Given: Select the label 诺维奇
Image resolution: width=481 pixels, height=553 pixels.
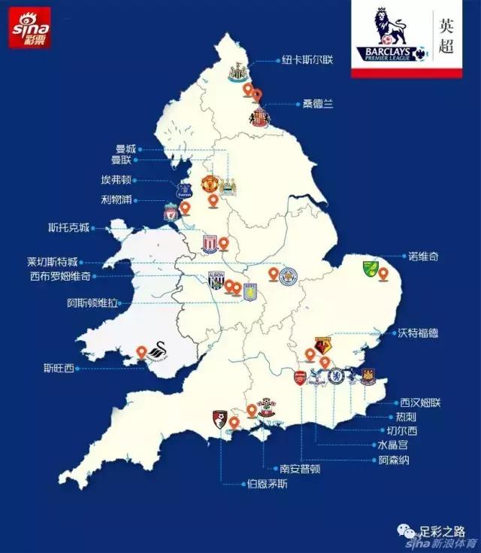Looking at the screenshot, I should (x=422, y=257).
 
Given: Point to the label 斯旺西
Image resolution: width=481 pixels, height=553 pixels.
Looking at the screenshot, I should (x=59, y=368).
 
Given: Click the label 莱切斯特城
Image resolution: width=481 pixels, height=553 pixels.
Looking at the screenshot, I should (x=52, y=263).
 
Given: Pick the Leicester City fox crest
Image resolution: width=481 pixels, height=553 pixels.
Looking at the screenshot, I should (x=288, y=277).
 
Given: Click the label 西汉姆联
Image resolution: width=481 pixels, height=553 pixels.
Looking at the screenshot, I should (x=420, y=403).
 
